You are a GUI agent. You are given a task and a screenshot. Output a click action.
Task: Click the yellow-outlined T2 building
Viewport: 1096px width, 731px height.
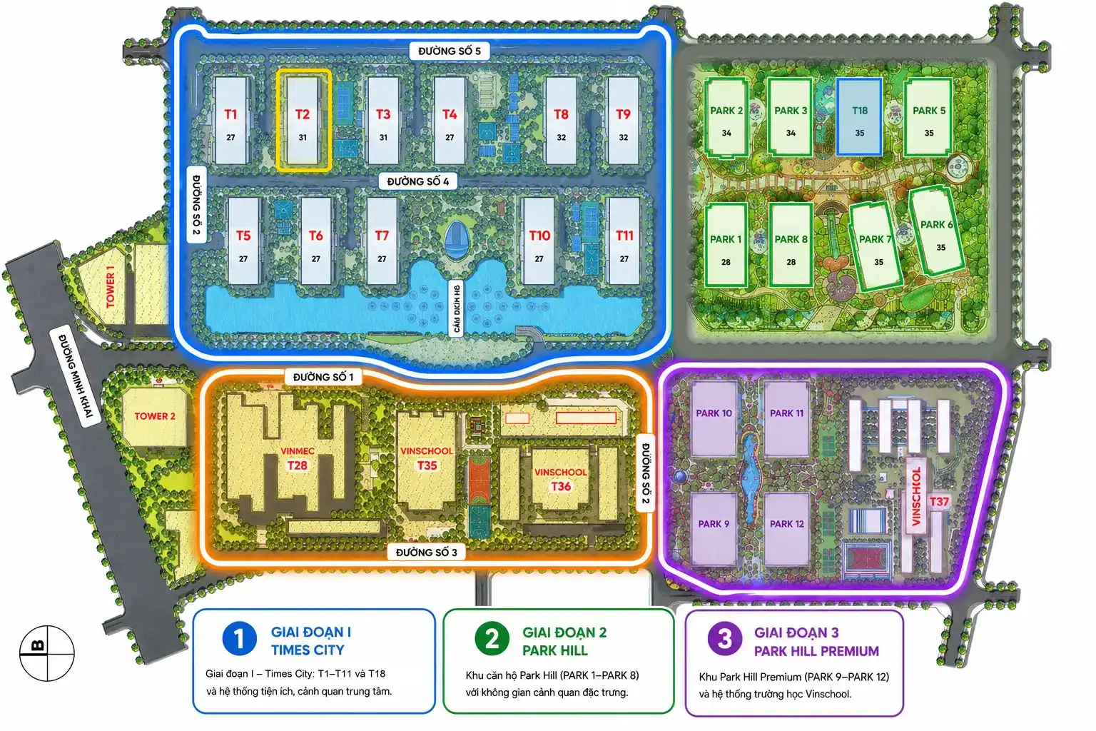tap(303, 120)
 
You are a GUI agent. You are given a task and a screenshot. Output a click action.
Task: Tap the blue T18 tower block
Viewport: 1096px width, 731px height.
tap(859, 117)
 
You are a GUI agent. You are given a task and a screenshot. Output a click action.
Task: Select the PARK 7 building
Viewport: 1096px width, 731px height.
tap(876, 247)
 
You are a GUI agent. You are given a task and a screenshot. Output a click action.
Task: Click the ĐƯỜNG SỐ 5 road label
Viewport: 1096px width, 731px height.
tap(449, 51)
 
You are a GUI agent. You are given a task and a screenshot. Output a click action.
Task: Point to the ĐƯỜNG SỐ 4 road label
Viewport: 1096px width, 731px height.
tap(418, 181)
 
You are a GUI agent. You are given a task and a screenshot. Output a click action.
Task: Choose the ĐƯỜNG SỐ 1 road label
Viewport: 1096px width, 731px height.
tap(323, 377)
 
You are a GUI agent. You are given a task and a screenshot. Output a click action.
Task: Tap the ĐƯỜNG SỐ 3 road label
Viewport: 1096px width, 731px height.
tap(426, 553)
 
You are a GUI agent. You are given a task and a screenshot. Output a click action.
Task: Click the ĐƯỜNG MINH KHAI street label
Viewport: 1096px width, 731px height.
tap(76, 376)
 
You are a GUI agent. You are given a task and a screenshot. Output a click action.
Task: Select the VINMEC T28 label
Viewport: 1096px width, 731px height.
tap(298, 458)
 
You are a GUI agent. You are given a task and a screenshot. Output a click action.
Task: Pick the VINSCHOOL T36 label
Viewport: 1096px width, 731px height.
tap(561, 479)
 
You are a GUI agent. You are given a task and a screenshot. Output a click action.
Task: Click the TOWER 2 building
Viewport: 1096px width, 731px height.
tap(155, 417)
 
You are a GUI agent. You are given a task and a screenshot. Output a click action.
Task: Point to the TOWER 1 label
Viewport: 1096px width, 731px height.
tap(110, 287)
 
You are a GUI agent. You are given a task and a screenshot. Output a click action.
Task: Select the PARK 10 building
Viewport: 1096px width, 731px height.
tap(714, 418)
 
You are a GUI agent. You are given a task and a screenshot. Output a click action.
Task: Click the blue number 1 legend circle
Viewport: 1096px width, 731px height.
tap(239, 639)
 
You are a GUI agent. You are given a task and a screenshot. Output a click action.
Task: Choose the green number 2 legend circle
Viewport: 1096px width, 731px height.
tap(492, 639)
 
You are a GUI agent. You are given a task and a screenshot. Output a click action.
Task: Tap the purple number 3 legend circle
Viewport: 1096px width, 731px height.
tap(725, 639)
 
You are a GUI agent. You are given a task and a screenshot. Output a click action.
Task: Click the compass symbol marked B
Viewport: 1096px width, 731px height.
tap(47, 653)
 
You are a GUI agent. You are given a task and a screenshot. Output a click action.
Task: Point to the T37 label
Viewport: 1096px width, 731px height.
tap(939, 502)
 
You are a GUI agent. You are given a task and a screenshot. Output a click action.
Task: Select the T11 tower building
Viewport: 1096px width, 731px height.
tap(624, 241)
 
